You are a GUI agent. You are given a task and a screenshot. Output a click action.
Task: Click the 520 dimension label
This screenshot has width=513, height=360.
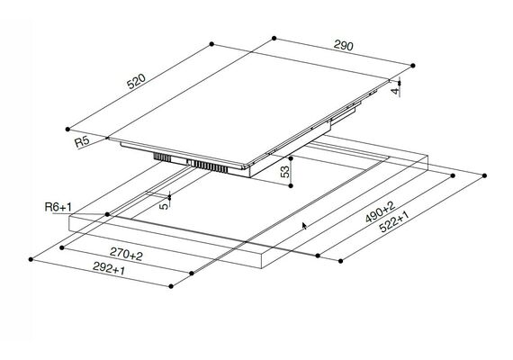[136, 82]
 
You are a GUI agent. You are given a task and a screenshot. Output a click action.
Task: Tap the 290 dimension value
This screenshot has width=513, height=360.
[344, 45]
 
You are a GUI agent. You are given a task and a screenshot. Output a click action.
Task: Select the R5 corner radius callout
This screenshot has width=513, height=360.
[82, 141]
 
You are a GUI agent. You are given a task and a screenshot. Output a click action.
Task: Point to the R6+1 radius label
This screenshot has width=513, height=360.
[58, 207]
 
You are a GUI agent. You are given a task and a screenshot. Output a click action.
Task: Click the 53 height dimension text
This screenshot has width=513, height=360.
[285, 172]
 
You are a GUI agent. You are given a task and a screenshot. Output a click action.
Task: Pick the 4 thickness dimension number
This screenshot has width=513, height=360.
[395, 91]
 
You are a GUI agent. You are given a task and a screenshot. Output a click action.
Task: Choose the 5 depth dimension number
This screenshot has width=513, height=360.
[166, 206]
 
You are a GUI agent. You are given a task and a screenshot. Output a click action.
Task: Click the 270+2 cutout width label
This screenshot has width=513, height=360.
[126, 254]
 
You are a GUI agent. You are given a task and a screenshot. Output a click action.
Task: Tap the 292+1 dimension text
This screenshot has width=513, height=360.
[109, 268]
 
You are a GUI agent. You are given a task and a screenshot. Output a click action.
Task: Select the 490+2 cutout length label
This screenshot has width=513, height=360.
[380, 212]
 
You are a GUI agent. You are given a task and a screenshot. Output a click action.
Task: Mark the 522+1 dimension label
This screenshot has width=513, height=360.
[394, 221]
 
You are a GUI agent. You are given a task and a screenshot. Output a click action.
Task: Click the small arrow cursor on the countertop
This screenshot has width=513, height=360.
[304, 226]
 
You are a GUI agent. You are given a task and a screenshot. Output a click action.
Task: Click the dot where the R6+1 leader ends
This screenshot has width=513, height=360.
[107, 214]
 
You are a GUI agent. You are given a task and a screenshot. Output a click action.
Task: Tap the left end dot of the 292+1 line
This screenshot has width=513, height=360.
[31, 259]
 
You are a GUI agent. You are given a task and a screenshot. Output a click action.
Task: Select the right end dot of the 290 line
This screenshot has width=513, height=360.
[413, 66]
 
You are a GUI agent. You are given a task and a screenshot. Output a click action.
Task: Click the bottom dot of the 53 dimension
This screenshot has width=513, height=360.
[291, 186]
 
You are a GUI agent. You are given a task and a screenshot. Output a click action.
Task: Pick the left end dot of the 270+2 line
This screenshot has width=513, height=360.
[62, 247]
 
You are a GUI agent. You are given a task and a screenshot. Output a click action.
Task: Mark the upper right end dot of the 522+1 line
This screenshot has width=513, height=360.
[484, 175]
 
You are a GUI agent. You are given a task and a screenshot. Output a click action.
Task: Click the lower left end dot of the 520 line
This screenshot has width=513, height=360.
[67, 130]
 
